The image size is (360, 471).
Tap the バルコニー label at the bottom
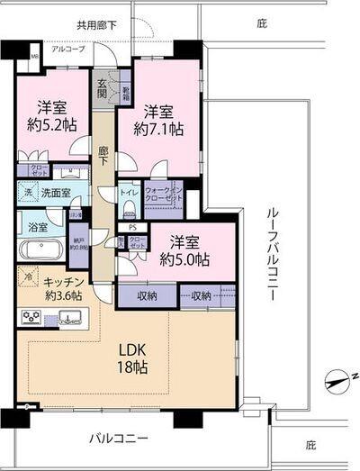[x=118, y=439]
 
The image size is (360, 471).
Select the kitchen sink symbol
[x=69, y=317]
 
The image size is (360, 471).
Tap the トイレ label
[x=127, y=192]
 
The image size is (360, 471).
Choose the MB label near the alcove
[x=34, y=59]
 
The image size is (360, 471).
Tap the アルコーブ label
[x=68, y=49]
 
